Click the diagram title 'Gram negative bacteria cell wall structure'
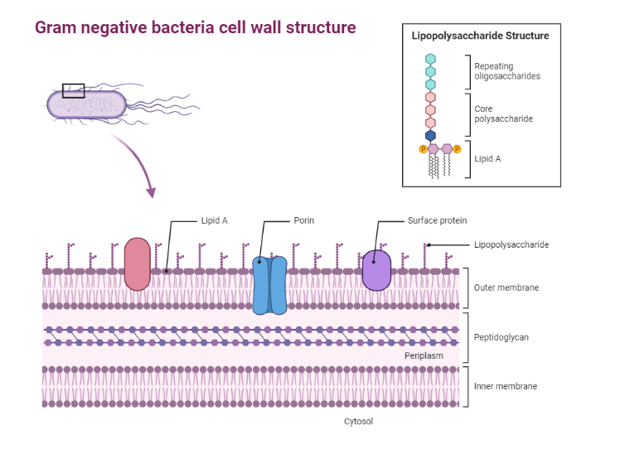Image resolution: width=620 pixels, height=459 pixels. [x=195, y=28]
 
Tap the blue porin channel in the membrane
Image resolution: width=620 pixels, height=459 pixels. [x=269, y=285]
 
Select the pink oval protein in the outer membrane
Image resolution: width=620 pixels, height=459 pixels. [x=137, y=263]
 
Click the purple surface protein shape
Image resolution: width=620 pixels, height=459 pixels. [x=376, y=270]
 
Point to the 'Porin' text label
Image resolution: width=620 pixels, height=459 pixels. [x=303, y=221]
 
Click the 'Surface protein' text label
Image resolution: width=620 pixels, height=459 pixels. [x=437, y=221]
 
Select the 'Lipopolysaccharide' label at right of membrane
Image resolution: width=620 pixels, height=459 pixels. [x=511, y=244]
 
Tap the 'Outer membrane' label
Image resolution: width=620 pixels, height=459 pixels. [x=506, y=287]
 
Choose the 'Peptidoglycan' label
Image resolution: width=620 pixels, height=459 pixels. [x=501, y=337]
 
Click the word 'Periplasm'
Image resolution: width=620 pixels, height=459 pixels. [x=424, y=355]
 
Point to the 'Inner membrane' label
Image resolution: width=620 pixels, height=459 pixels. [x=505, y=386]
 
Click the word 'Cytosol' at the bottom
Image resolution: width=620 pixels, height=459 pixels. [x=359, y=422]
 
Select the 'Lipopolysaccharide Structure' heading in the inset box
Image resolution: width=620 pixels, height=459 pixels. [x=480, y=36]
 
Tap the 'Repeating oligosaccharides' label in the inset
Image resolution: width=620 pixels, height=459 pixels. [x=506, y=71]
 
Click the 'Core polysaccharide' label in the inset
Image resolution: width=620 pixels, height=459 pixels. [x=503, y=114]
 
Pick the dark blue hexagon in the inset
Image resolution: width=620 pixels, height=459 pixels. [x=430, y=135]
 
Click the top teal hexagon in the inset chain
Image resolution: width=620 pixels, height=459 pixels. [x=430, y=59]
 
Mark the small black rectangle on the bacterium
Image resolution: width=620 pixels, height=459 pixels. [x=73, y=89]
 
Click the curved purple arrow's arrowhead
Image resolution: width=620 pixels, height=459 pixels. [x=150, y=193]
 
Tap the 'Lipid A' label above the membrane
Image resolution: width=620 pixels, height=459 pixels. [x=213, y=221]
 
